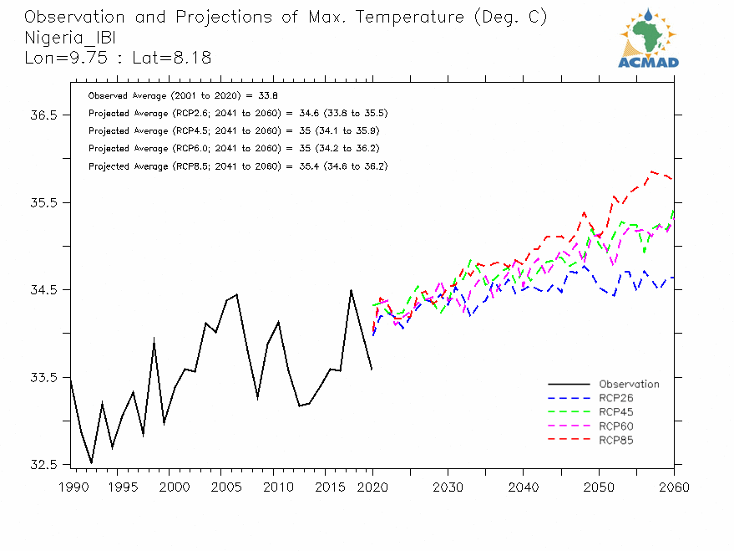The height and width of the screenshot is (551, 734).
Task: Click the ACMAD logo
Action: click(648, 38)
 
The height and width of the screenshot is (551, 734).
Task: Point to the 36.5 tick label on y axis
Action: click(42, 115)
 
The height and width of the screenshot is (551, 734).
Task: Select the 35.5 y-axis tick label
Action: click(42, 203)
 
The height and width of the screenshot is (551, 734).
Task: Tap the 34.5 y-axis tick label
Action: click(42, 290)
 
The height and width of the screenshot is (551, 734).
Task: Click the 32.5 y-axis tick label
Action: click(42, 465)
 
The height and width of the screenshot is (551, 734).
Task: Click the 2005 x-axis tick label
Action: click(221, 487)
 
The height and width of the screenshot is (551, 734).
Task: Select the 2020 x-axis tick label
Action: click(372, 487)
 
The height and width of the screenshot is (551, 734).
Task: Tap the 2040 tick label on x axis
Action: click(524, 487)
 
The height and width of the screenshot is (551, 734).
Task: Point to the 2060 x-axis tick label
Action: click(674, 487)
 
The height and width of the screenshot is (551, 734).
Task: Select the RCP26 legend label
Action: click(615, 398)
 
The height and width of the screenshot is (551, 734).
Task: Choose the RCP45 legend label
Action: click(615, 412)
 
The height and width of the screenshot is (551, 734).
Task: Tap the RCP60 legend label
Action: click(615, 426)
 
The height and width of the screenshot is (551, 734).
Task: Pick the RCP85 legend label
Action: click(615, 440)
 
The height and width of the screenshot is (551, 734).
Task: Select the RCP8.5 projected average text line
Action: click(238, 166)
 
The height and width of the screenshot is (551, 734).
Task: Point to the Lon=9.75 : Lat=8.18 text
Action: click(118, 58)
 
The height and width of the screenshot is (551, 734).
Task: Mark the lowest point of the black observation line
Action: click(91, 462)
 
